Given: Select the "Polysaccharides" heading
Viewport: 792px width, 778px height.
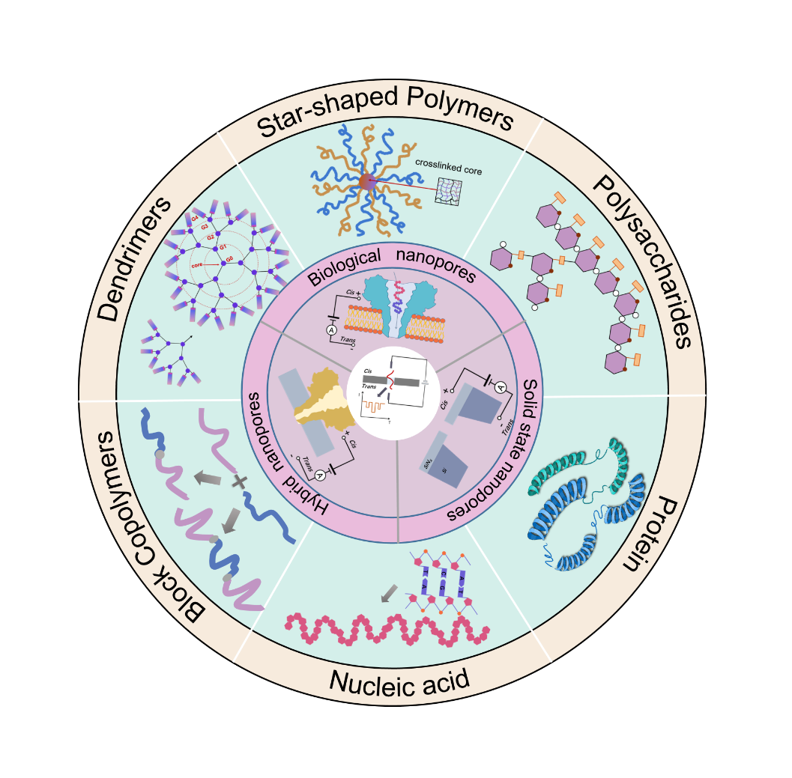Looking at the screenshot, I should pos(641,263).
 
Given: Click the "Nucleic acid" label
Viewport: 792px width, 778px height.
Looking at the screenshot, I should pos(399,681).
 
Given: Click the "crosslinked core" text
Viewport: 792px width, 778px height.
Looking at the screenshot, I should pos(449,165).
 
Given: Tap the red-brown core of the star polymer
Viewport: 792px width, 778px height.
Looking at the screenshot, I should pos(366,181).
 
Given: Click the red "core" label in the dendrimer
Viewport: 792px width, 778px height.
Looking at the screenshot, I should pos(197,265).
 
